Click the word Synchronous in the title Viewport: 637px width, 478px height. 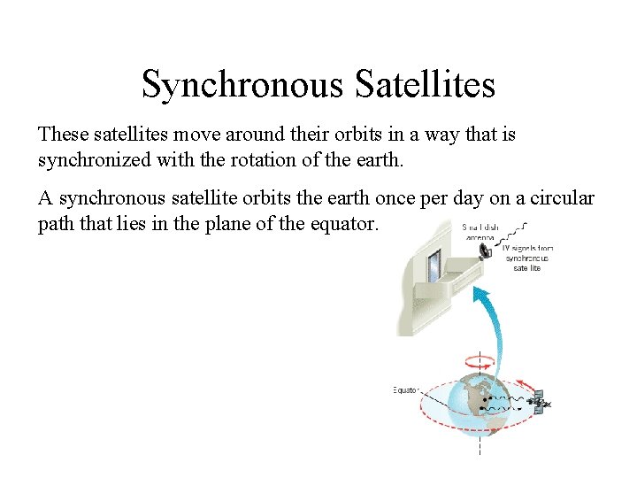pos(242,85)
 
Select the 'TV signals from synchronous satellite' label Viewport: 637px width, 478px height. pos(527,258)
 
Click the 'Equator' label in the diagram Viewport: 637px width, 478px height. pos(405,389)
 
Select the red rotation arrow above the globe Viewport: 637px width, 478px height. pos(478,361)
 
